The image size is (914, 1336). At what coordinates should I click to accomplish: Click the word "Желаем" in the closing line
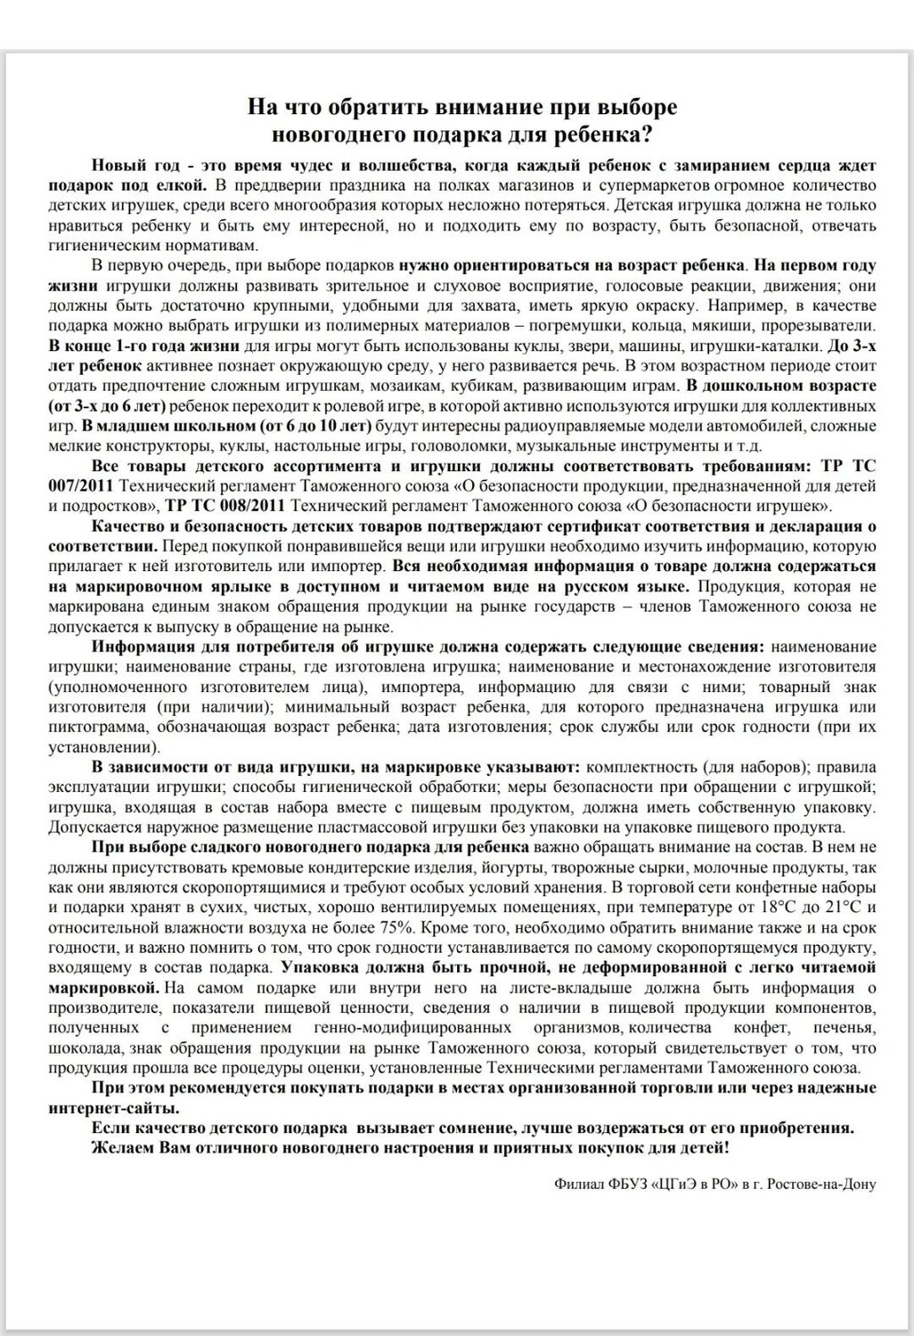pyautogui.click(x=119, y=1147)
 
